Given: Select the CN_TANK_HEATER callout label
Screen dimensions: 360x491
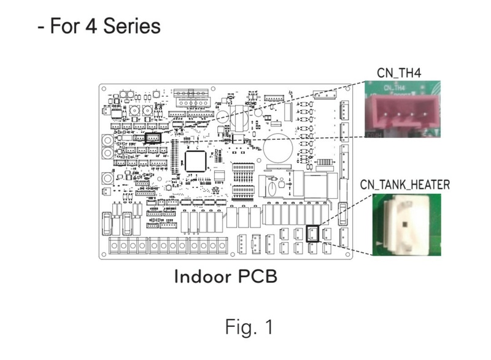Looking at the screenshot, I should point(404,184).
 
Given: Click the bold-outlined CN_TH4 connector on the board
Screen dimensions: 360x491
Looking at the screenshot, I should point(152,137).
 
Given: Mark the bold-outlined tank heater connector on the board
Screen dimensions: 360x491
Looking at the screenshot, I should point(312,233).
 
